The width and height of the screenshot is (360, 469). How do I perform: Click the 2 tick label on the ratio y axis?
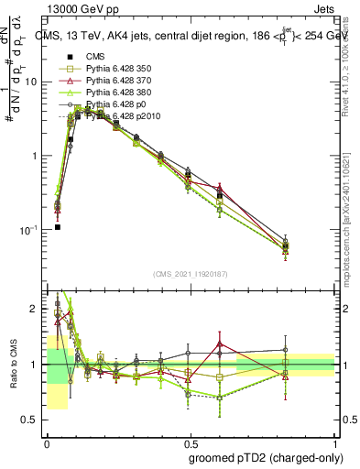(35, 309)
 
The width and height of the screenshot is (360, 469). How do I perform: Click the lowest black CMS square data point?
(57, 226)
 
